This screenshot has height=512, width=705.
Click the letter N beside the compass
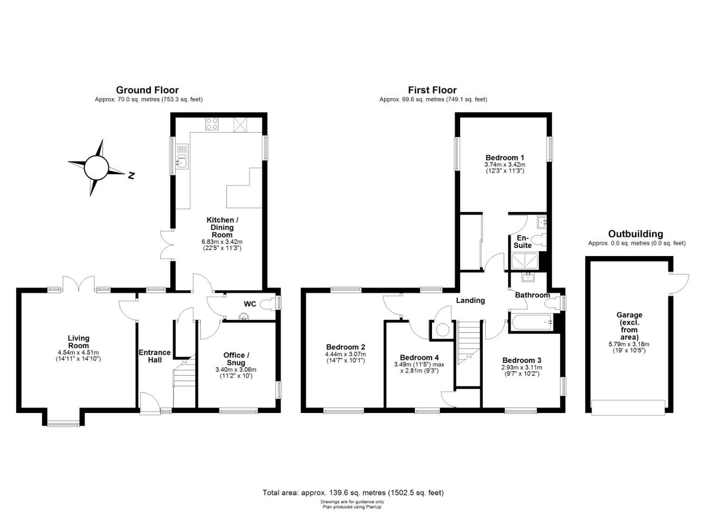tap(132, 175)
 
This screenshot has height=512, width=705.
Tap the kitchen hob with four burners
tap(212, 124)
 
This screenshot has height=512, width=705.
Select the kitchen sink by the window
tap(182, 156)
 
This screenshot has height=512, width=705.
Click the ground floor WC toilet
tap(268, 304)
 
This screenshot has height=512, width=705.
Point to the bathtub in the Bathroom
tap(532, 322)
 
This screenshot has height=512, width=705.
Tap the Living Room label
tap(78, 341)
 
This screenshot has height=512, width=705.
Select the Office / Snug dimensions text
tap(236, 373)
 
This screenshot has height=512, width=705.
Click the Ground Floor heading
tap(147, 90)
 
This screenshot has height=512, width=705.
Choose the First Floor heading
tap(432, 90)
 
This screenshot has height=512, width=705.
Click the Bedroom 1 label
tap(505, 157)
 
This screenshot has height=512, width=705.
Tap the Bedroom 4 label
tap(419, 357)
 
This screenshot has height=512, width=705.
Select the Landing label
tap(470, 301)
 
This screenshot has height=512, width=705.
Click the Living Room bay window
tap(64, 424)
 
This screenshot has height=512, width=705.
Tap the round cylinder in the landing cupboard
tap(442, 330)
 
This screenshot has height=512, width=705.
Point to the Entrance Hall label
tap(155, 356)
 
